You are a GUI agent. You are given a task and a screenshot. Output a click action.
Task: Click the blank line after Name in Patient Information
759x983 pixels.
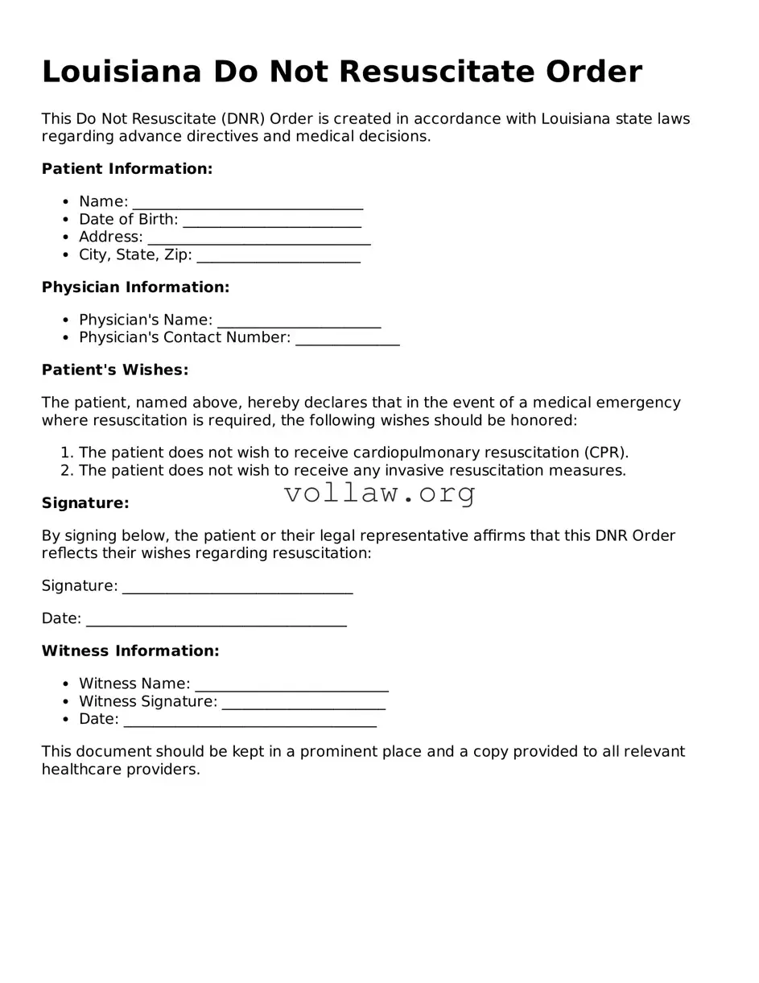[248, 202]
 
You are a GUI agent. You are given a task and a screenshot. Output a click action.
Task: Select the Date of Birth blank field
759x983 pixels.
[272, 220]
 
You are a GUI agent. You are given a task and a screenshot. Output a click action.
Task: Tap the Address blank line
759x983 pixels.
[259, 237]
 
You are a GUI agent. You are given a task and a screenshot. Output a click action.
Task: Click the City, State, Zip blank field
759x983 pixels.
[278, 256]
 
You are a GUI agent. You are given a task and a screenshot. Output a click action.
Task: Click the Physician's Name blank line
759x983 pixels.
[299, 320]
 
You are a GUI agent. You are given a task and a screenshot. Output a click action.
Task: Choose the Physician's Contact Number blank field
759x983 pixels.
[347, 338]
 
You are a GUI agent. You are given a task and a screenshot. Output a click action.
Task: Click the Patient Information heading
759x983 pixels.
[127, 169]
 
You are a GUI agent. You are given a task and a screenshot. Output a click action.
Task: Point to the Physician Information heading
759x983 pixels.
[135, 287]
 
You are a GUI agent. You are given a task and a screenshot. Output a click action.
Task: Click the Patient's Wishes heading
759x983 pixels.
[115, 370]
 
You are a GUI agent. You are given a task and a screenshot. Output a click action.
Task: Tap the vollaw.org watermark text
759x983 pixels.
[380, 493]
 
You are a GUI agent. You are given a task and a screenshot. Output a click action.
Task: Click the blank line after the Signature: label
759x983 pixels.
[237, 587]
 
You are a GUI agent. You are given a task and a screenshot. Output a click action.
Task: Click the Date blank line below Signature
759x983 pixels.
[216, 619]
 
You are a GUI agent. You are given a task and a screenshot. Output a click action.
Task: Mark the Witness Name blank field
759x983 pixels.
[291, 684]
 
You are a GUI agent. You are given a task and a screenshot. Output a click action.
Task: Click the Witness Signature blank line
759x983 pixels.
[303, 702]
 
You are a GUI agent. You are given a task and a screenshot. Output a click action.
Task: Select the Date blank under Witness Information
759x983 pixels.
[250, 720]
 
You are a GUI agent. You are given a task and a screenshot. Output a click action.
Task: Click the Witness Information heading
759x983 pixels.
[130, 651]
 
